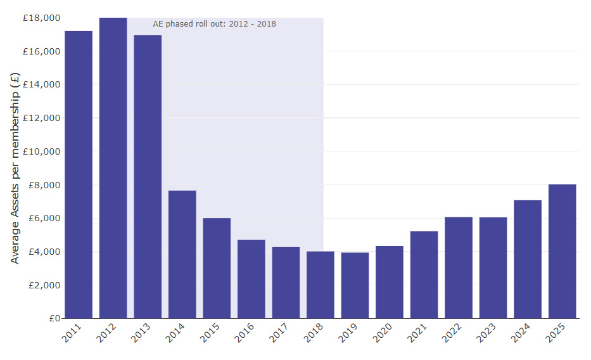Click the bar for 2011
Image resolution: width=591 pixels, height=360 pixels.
click(x=79, y=174)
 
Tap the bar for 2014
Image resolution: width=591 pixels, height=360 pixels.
click(x=182, y=254)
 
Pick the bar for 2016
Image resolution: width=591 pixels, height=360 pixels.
click(x=251, y=279)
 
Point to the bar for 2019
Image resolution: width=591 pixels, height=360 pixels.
click(x=355, y=285)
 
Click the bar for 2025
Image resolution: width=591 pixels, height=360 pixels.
click(x=562, y=251)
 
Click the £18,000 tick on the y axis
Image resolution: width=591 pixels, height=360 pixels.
click(x=41, y=18)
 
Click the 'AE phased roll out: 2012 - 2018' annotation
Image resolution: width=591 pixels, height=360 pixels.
click(x=214, y=24)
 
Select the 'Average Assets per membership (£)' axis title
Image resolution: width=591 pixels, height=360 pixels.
click(x=15, y=168)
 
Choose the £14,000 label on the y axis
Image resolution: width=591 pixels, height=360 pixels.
click(x=41, y=84)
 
